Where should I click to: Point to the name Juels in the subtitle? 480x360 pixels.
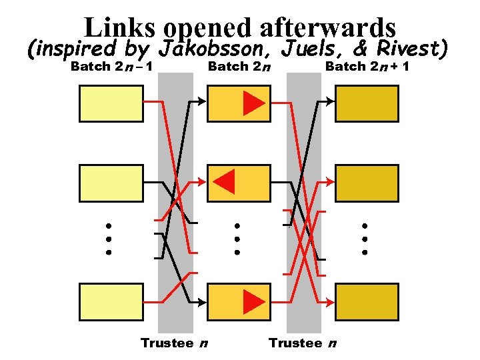[x=309, y=49]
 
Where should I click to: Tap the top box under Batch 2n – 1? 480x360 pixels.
[x=111, y=103]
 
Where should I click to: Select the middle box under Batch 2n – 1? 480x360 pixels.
[x=111, y=183]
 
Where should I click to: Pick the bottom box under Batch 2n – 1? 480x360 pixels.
[x=111, y=301]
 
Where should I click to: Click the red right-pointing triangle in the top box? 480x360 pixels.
[x=253, y=103]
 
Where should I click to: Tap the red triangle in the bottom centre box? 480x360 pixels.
[x=253, y=301]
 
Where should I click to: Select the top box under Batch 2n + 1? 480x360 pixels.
[x=366, y=103]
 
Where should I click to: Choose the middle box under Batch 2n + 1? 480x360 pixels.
[x=366, y=183]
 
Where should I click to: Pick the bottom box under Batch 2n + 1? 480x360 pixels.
[x=366, y=301]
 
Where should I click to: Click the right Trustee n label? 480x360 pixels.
[x=302, y=343]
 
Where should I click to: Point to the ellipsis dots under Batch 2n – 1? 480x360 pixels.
[x=108, y=239]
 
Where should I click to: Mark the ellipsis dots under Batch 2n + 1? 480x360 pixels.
[x=365, y=239]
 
